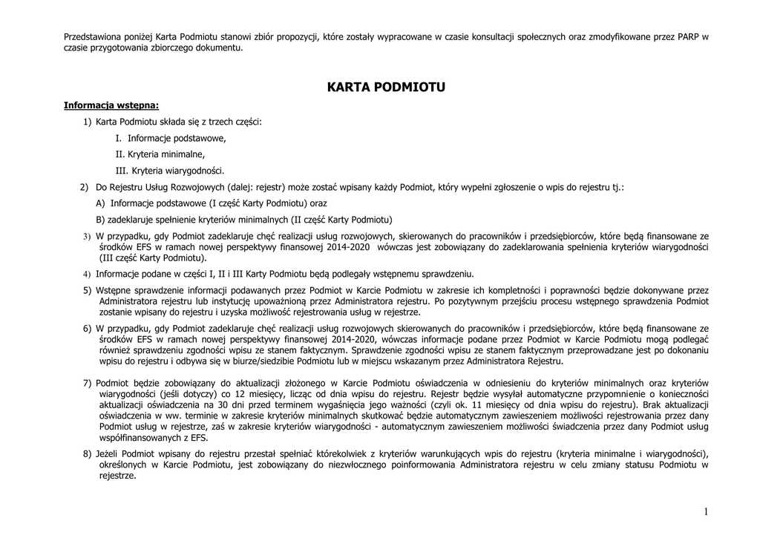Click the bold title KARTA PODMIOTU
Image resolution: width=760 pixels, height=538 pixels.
pos(385,88)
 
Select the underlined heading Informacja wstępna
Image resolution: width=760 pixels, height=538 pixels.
pos(111,105)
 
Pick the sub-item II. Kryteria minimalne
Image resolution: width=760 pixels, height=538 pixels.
pos(160,154)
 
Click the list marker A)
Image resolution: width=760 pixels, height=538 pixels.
pos(100,203)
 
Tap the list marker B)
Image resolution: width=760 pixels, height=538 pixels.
pos(100,220)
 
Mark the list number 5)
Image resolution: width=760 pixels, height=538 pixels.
pos(87,289)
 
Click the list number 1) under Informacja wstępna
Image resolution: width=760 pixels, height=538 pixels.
pos(87,121)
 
